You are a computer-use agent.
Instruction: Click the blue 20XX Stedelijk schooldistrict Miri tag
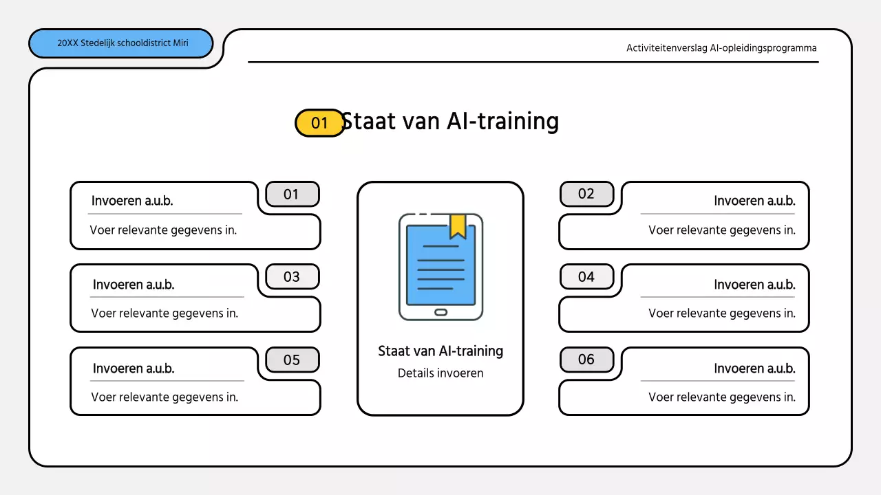tap(121, 43)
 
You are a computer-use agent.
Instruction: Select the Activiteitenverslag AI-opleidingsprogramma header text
tap(721, 48)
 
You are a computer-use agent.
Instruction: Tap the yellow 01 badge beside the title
tap(319, 123)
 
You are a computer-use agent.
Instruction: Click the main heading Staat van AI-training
tap(450, 121)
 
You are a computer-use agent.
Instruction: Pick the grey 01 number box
tap(292, 195)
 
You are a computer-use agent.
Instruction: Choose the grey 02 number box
tap(586, 194)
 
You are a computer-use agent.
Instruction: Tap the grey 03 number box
tap(292, 277)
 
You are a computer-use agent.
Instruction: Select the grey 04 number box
tap(586, 277)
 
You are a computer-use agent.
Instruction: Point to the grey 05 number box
tap(292, 360)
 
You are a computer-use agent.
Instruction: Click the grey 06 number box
tap(586, 360)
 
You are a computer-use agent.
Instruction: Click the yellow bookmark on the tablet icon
tap(458, 225)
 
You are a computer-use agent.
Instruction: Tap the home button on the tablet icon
tap(440, 312)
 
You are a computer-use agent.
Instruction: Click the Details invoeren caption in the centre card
tap(440, 373)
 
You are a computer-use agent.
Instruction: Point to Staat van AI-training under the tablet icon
tap(440, 351)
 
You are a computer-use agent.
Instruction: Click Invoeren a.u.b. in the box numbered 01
tap(132, 201)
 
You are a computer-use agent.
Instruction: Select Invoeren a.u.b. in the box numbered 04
tap(754, 285)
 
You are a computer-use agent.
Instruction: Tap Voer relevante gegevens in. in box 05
tap(164, 397)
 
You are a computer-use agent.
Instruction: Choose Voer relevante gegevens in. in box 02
tap(721, 230)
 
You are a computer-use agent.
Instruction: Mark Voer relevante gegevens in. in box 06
tap(721, 397)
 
